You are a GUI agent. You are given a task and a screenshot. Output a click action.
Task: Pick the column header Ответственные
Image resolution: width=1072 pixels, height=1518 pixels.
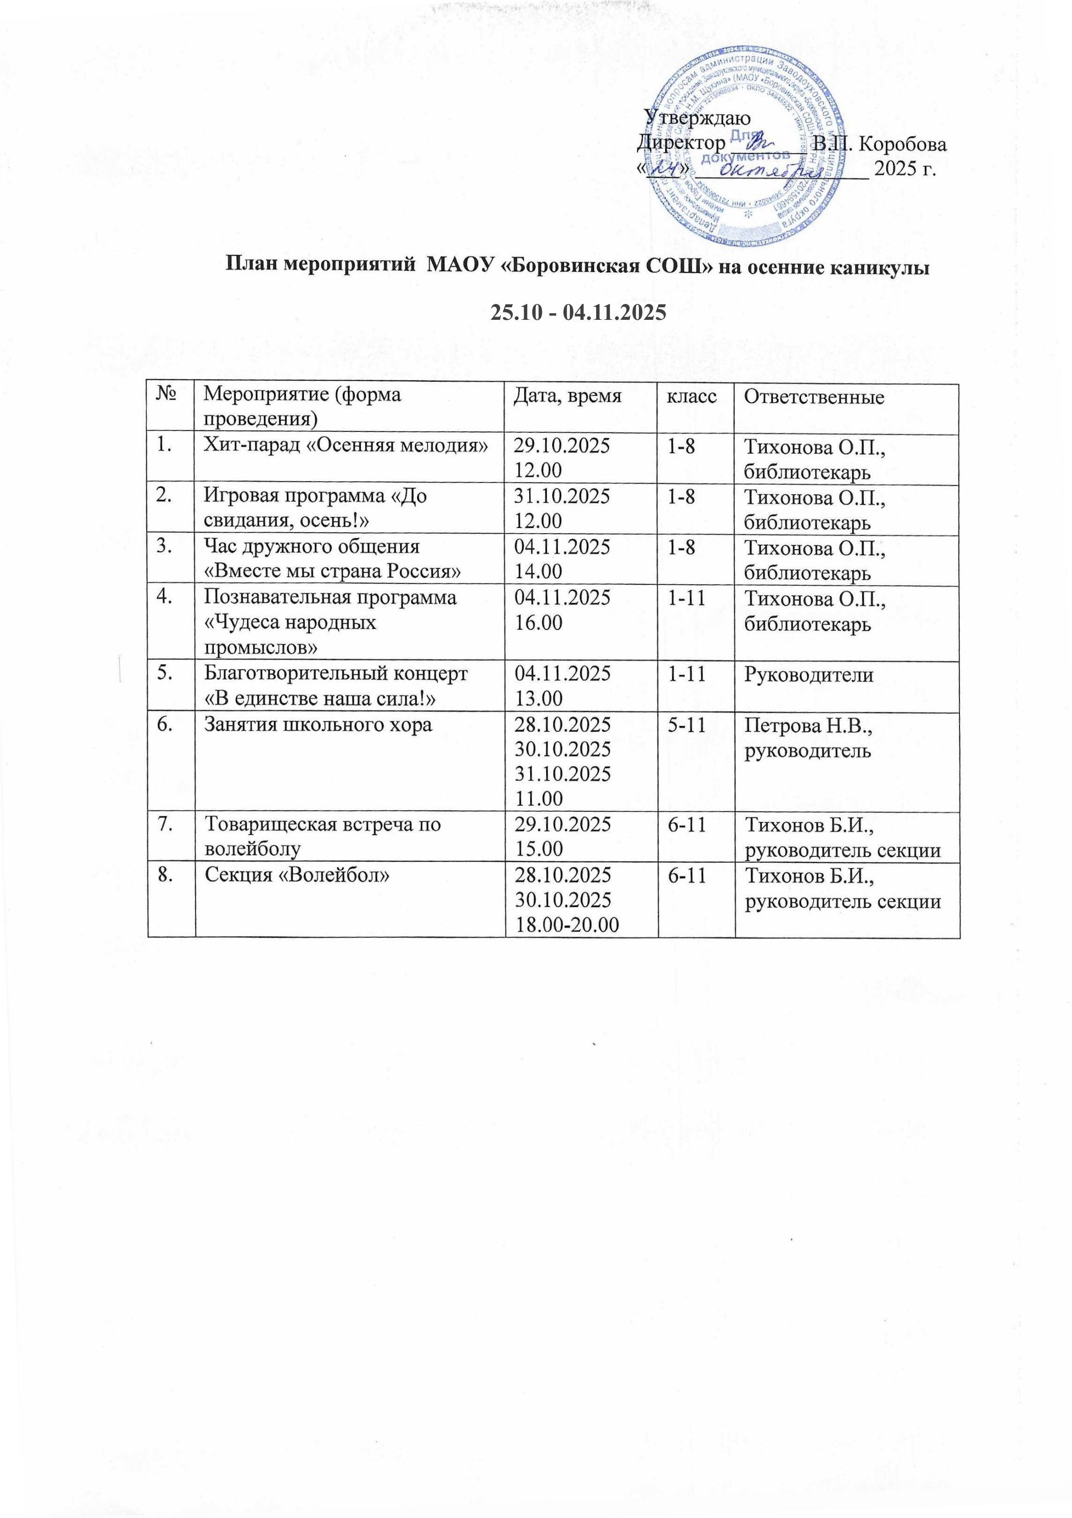click(x=814, y=397)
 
